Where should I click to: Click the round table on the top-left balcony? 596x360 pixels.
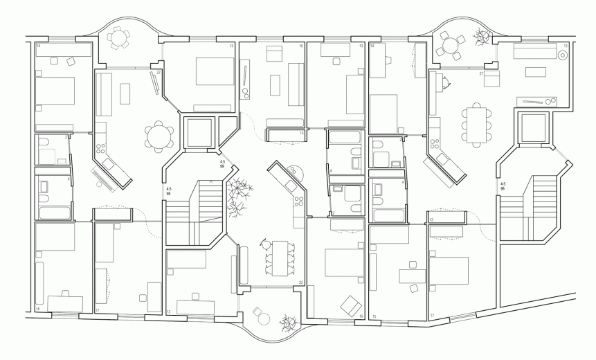[x=119, y=37]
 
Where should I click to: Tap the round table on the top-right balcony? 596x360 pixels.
[x=451, y=45]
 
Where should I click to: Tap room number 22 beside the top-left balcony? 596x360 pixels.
[x=159, y=72]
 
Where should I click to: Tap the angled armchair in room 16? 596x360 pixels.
[x=351, y=303]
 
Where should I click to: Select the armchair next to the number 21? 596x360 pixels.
[x=491, y=79]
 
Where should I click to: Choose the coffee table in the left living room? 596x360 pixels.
[x=125, y=93]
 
